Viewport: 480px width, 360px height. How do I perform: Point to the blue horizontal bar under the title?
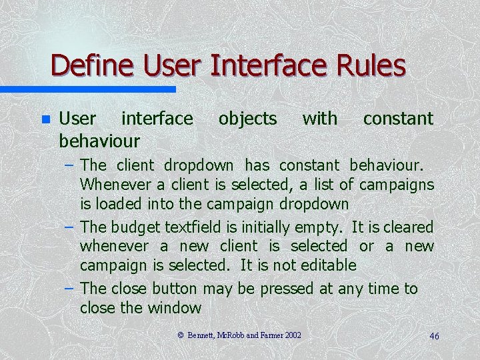87,89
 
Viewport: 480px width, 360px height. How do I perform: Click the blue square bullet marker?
45,120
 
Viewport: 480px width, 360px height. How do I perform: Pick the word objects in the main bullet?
247,119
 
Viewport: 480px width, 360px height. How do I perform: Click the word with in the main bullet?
320,119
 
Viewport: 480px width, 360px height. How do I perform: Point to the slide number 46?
434,337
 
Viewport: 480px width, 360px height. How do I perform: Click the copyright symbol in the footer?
181,335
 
